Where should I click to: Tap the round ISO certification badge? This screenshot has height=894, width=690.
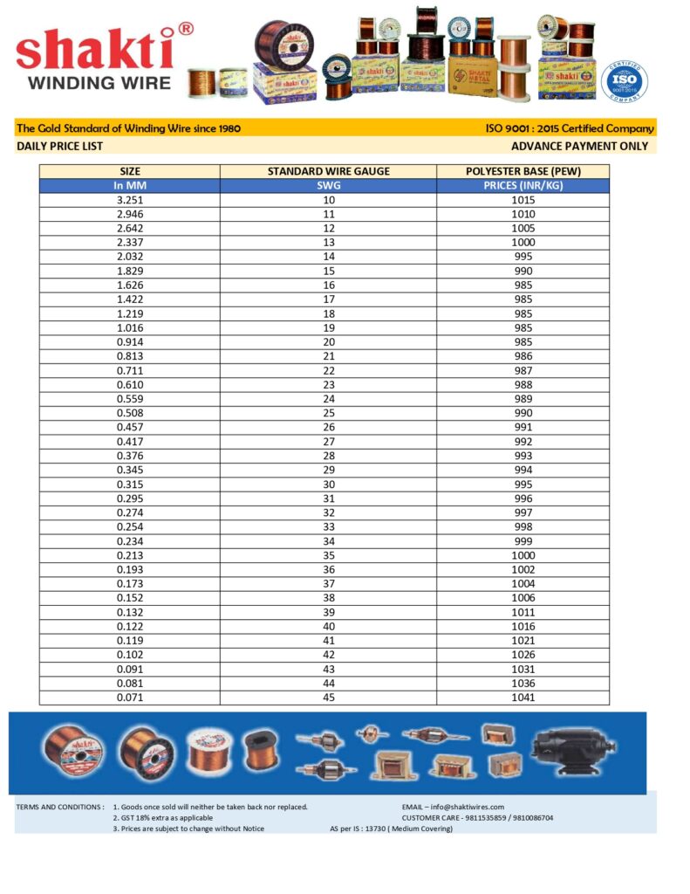click(625, 81)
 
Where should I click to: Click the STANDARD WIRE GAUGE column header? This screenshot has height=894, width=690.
click(328, 171)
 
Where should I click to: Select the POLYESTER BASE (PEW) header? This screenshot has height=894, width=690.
click(523, 171)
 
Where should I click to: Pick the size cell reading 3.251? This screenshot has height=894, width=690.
click(129, 200)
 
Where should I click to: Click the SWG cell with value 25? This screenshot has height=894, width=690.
click(328, 413)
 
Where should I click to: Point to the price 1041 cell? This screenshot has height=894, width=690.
click(523, 698)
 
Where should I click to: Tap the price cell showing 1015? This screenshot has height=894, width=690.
click(523, 200)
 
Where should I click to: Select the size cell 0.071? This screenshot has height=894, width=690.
click(129, 698)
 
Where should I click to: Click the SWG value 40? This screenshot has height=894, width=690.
click(328, 626)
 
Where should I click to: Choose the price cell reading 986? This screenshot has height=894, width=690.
click(523, 356)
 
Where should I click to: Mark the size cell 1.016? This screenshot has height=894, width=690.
click(129, 327)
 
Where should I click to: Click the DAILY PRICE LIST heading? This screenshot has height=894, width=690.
click(60, 147)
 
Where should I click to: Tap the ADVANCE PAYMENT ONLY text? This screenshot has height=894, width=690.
click(579, 147)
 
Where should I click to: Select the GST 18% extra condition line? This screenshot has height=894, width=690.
click(166, 818)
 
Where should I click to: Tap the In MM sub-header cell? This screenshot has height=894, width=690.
click(129, 186)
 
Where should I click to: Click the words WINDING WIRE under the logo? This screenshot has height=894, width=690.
click(94, 84)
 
